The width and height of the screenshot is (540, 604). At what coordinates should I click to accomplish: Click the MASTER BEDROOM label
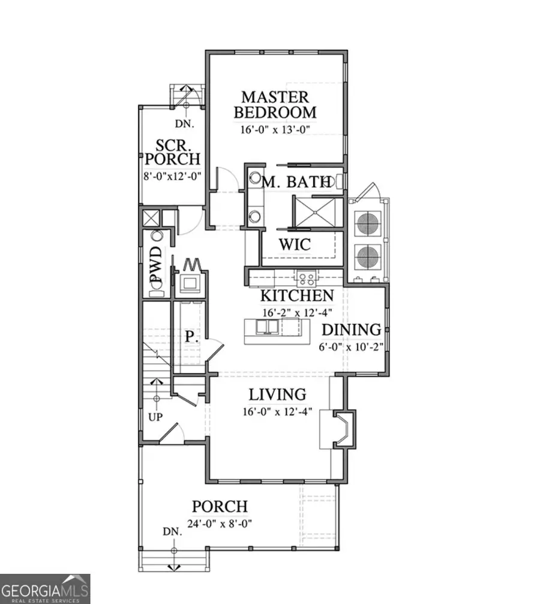(275, 104)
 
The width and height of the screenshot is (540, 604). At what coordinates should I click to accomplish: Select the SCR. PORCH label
(173, 153)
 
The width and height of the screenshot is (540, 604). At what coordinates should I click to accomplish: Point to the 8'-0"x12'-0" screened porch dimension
(173, 176)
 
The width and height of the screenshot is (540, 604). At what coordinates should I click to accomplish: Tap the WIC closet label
(295, 244)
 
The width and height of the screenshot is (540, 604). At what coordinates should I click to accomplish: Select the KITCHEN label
(296, 295)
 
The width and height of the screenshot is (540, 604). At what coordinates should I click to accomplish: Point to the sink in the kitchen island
(267, 327)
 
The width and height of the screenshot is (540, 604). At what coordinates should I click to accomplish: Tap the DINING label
(352, 329)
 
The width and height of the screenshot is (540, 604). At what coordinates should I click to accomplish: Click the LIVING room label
(278, 394)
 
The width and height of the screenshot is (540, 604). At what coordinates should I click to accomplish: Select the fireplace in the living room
(341, 429)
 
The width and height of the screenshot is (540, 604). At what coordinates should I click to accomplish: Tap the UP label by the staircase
(155, 417)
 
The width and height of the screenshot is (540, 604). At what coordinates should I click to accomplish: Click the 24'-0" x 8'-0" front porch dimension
(219, 523)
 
